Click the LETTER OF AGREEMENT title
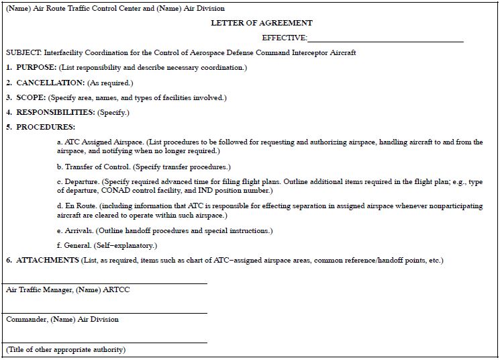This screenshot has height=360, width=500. click(252, 23)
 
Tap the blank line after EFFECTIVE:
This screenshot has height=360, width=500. click(386, 38)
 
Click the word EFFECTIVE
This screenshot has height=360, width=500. click(285, 38)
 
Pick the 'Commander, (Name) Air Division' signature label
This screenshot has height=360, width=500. click(62, 319)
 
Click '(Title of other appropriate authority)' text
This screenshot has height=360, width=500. click(66, 349)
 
